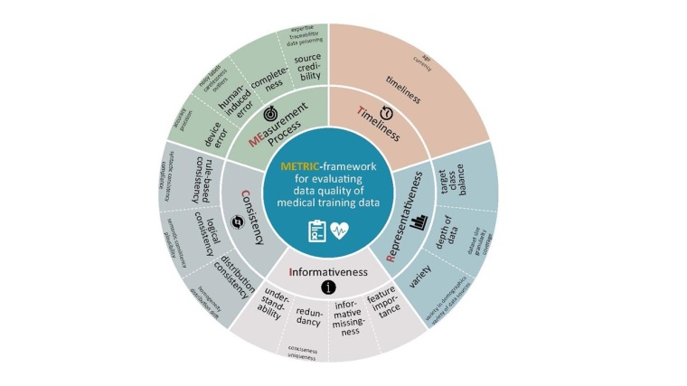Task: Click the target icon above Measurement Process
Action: [270, 116]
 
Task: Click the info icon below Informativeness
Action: [326, 288]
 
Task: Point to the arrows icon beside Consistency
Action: [238, 218]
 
